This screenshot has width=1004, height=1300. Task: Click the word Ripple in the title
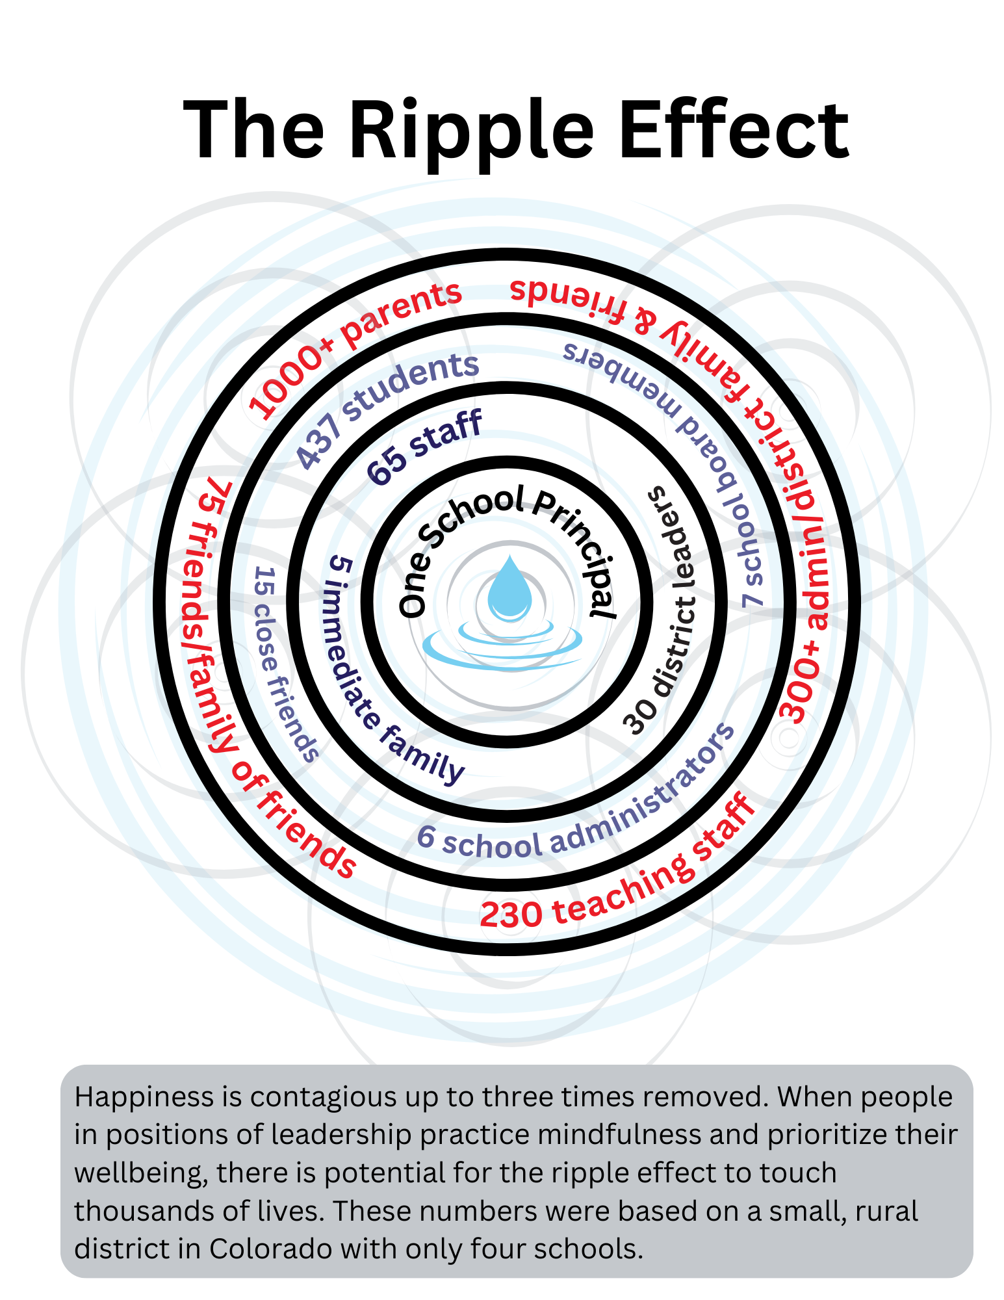click(x=471, y=130)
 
